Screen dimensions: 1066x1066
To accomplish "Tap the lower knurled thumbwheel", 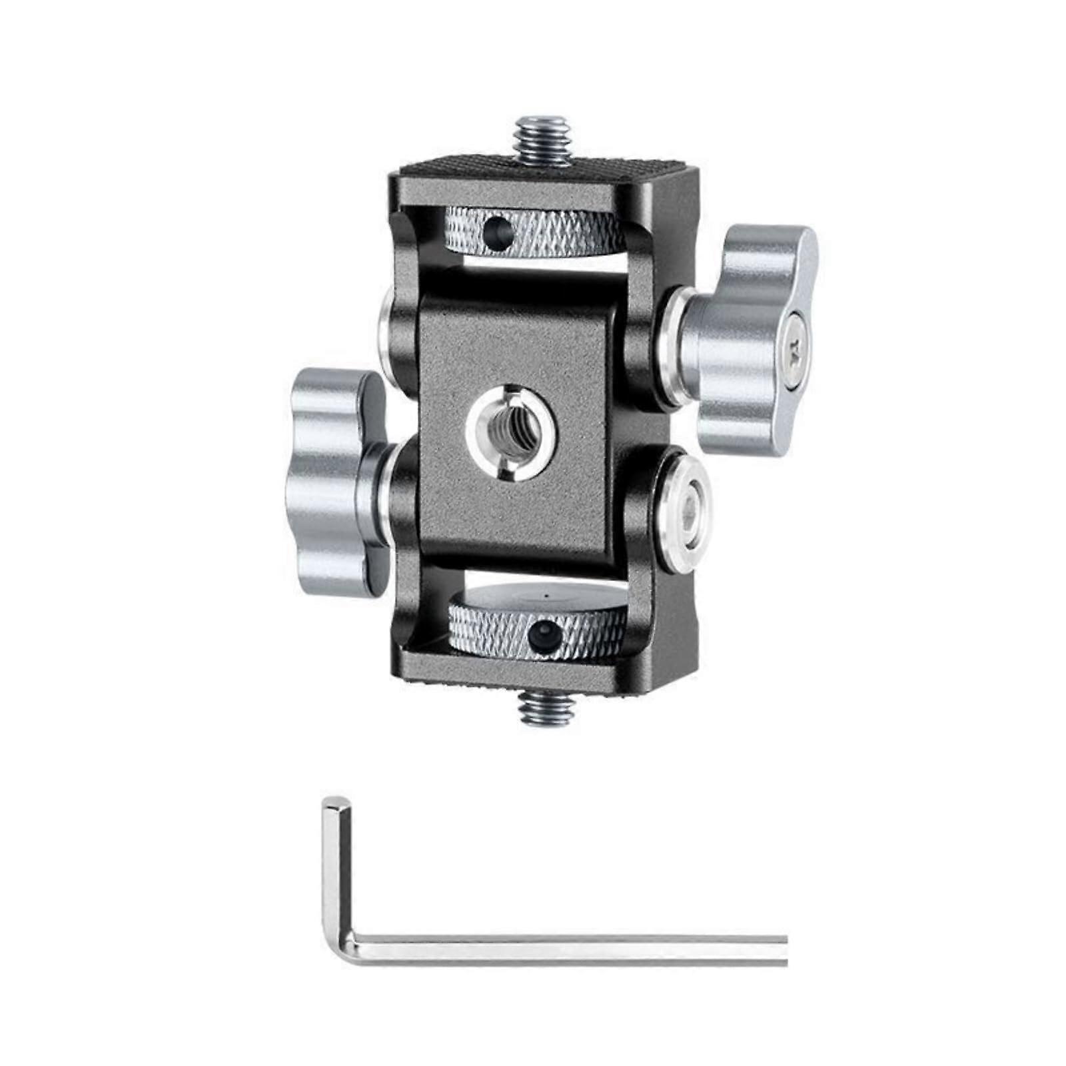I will tap(537, 630).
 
